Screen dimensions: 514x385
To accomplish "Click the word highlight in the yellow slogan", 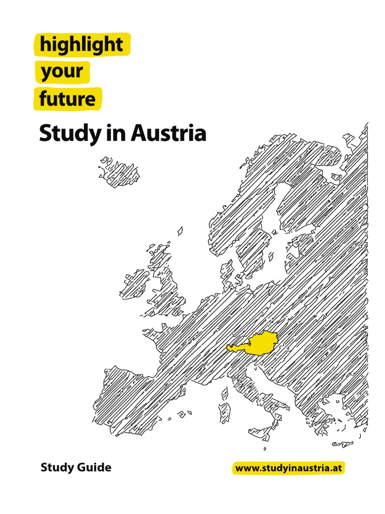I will [x=81, y=45].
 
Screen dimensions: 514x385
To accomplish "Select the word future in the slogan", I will [x=68, y=99].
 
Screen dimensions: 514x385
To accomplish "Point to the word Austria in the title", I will [x=168, y=134].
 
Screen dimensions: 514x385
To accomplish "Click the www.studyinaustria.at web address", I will [x=290, y=468].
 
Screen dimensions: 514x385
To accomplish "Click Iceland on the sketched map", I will [x=119, y=171].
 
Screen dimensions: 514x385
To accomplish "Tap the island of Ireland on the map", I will [x=135, y=284].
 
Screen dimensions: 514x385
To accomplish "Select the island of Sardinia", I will [x=225, y=412].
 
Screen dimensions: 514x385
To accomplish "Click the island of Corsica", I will [x=225, y=393].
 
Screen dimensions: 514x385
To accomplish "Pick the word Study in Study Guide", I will [x=55, y=468].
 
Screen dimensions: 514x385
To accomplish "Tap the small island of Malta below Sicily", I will [x=265, y=449].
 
